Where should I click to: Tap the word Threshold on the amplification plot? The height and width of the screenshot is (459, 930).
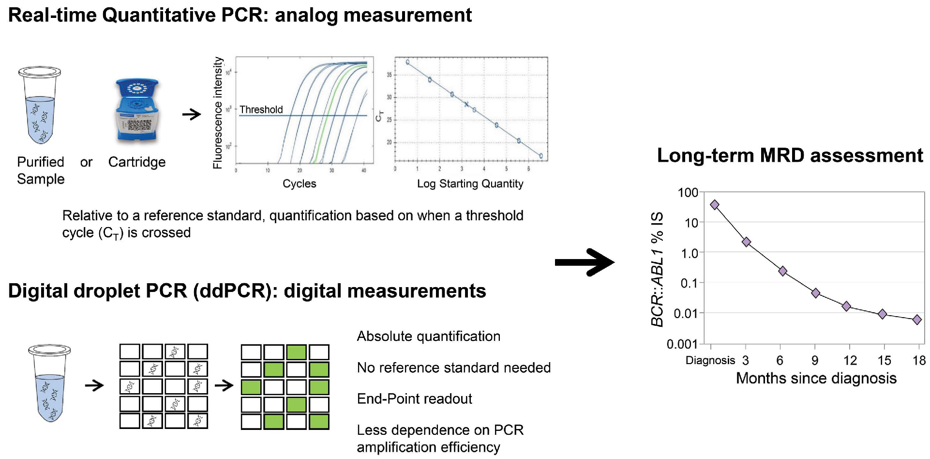click(x=261, y=109)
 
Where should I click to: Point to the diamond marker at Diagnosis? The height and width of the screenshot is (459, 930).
click(x=714, y=205)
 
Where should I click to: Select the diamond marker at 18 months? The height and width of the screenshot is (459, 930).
click(x=916, y=320)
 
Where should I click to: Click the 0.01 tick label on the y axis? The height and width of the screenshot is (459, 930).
click(x=686, y=313)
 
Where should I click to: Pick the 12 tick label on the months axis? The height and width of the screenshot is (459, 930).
click(x=850, y=360)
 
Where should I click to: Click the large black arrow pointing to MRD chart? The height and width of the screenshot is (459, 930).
click(x=584, y=262)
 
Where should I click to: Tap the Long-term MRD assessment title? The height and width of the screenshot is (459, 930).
click(x=790, y=155)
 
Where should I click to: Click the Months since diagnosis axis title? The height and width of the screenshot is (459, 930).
click(x=816, y=378)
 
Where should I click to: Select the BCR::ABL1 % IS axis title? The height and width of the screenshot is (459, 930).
click(x=657, y=269)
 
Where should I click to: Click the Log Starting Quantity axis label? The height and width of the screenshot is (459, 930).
click(x=470, y=184)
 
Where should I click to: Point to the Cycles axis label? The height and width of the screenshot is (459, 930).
click(x=299, y=184)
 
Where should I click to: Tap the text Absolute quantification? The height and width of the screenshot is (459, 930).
click(x=428, y=336)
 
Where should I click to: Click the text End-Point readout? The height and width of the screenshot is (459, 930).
click(x=414, y=398)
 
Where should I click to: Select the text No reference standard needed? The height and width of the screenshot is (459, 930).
click(x=453, y=367)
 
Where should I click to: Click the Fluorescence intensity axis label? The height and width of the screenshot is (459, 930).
click(x=218, y=113)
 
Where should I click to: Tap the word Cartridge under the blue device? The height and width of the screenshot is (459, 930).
click(x=136, y=162)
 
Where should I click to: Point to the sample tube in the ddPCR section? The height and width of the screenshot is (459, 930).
click(x=49, y=382)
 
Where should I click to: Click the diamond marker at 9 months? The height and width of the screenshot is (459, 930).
click(x=815, y=293)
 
